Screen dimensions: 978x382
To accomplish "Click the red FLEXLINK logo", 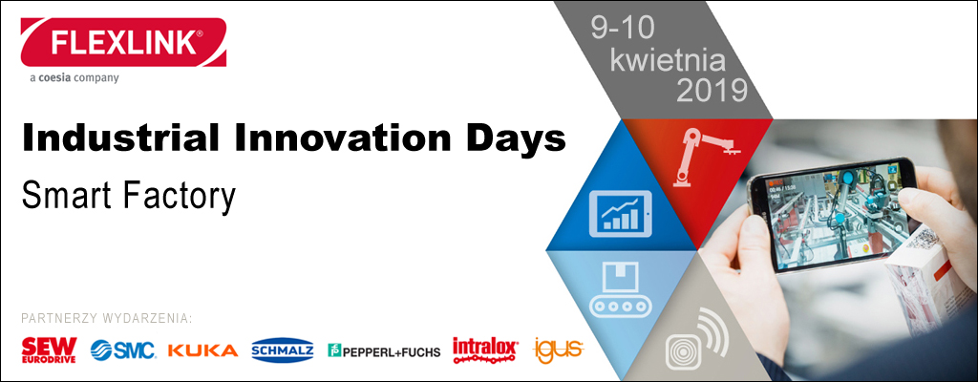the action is click(123, 42).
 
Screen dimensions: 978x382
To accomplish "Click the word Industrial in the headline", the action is click(121, 139).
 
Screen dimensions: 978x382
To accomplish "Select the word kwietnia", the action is click(667, 60).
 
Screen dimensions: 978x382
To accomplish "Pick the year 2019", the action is click(712, 91).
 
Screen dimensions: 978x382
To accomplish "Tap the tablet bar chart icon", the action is click(618, 214).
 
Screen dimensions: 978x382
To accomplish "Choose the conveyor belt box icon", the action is click(621, 287).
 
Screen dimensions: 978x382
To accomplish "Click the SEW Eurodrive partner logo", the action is click(49, 350).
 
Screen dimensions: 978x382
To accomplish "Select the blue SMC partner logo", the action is click(123, 350).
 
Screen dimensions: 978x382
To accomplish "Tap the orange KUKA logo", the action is click(203, 350).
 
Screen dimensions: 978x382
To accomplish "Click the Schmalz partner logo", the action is click(283, 350).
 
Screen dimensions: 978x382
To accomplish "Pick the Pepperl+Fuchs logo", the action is click(384, 350).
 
